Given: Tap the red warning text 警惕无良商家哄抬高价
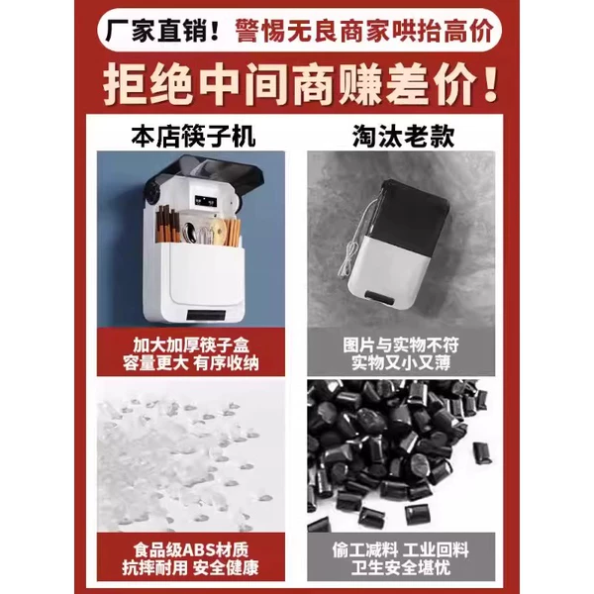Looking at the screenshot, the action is click(364, 31).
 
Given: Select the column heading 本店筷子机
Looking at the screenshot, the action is click(193, 137).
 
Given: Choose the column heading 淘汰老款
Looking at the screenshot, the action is click(404, 136).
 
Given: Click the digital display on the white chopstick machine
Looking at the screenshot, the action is click(205, 202).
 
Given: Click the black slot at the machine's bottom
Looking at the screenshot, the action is click(206, 315).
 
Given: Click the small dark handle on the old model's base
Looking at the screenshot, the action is click(379, 299).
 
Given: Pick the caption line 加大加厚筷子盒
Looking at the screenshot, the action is click(191, 345).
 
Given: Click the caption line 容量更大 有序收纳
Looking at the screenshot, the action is click(191, 363).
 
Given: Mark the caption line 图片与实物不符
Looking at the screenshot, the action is click(401, 345).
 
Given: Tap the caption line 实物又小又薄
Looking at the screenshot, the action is click(401, 363).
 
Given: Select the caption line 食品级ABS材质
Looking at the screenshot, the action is click(191, 549).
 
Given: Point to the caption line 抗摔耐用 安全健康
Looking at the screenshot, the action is click(191, 567).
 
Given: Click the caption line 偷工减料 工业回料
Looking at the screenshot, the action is click(401, 549).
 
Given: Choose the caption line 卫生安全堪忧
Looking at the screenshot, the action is click(401, 567).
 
